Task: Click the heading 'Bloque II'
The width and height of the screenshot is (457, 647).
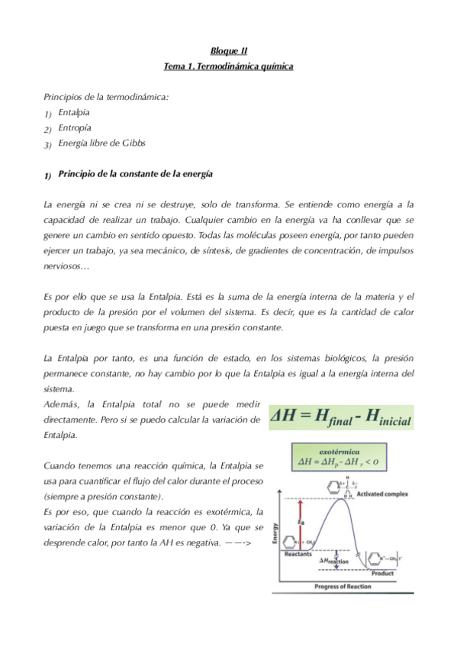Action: click(x=229, y=51)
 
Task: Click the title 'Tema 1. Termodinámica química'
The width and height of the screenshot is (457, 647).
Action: click(x=229, y=66)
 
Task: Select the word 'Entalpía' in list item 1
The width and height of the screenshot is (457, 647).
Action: click(x=73, y=112)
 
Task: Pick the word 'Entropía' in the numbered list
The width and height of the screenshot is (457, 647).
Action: click(x=74, y=127)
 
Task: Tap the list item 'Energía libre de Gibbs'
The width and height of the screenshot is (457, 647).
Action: click(x=101, y=143)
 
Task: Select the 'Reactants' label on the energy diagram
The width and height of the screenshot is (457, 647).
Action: click(x=297, y=555)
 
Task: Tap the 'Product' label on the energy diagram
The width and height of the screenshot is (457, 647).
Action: click(x=382, y=573)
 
